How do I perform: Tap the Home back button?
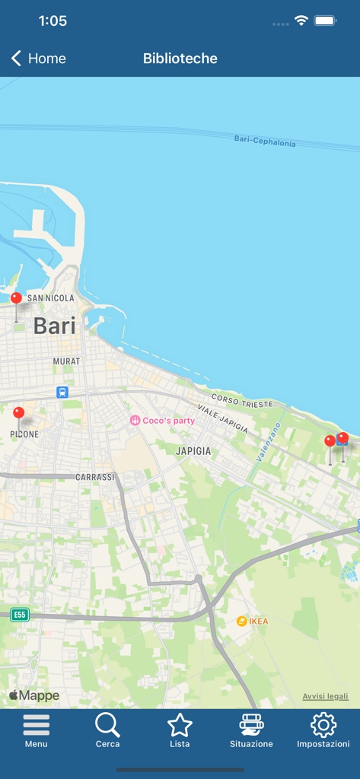38,59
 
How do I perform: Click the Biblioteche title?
180,59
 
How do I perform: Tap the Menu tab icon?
36,725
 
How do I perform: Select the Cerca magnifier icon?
107,725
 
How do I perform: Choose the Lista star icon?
180,725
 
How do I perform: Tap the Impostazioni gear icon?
323,725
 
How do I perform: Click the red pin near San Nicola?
16,298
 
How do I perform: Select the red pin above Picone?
19,413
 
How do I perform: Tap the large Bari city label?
55,326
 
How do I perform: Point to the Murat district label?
66,361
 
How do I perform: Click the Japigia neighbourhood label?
193,451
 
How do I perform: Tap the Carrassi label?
94,477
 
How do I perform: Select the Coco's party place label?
168,421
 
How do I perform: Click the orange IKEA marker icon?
241,622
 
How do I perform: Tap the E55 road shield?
20,615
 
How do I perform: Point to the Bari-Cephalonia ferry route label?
265,141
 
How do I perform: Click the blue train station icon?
62,393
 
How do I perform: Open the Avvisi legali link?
325,696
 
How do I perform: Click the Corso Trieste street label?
242,402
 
